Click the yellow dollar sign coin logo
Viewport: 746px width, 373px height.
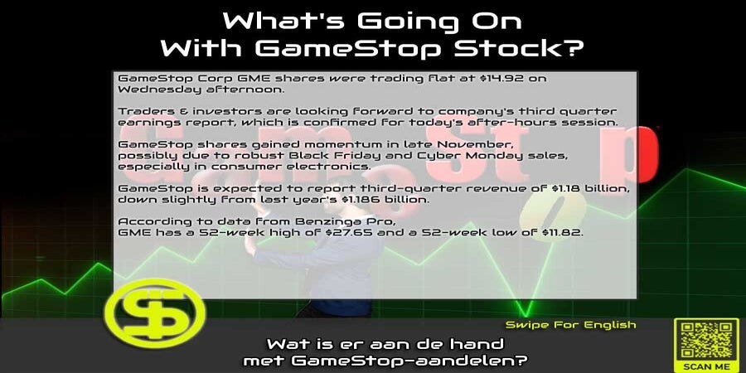[x=155, y=312]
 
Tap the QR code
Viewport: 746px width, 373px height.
[x=706, y=340]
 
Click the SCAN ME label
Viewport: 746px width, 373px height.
[x=706, y=366]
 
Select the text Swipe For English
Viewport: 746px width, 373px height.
[x=570, y=326]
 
